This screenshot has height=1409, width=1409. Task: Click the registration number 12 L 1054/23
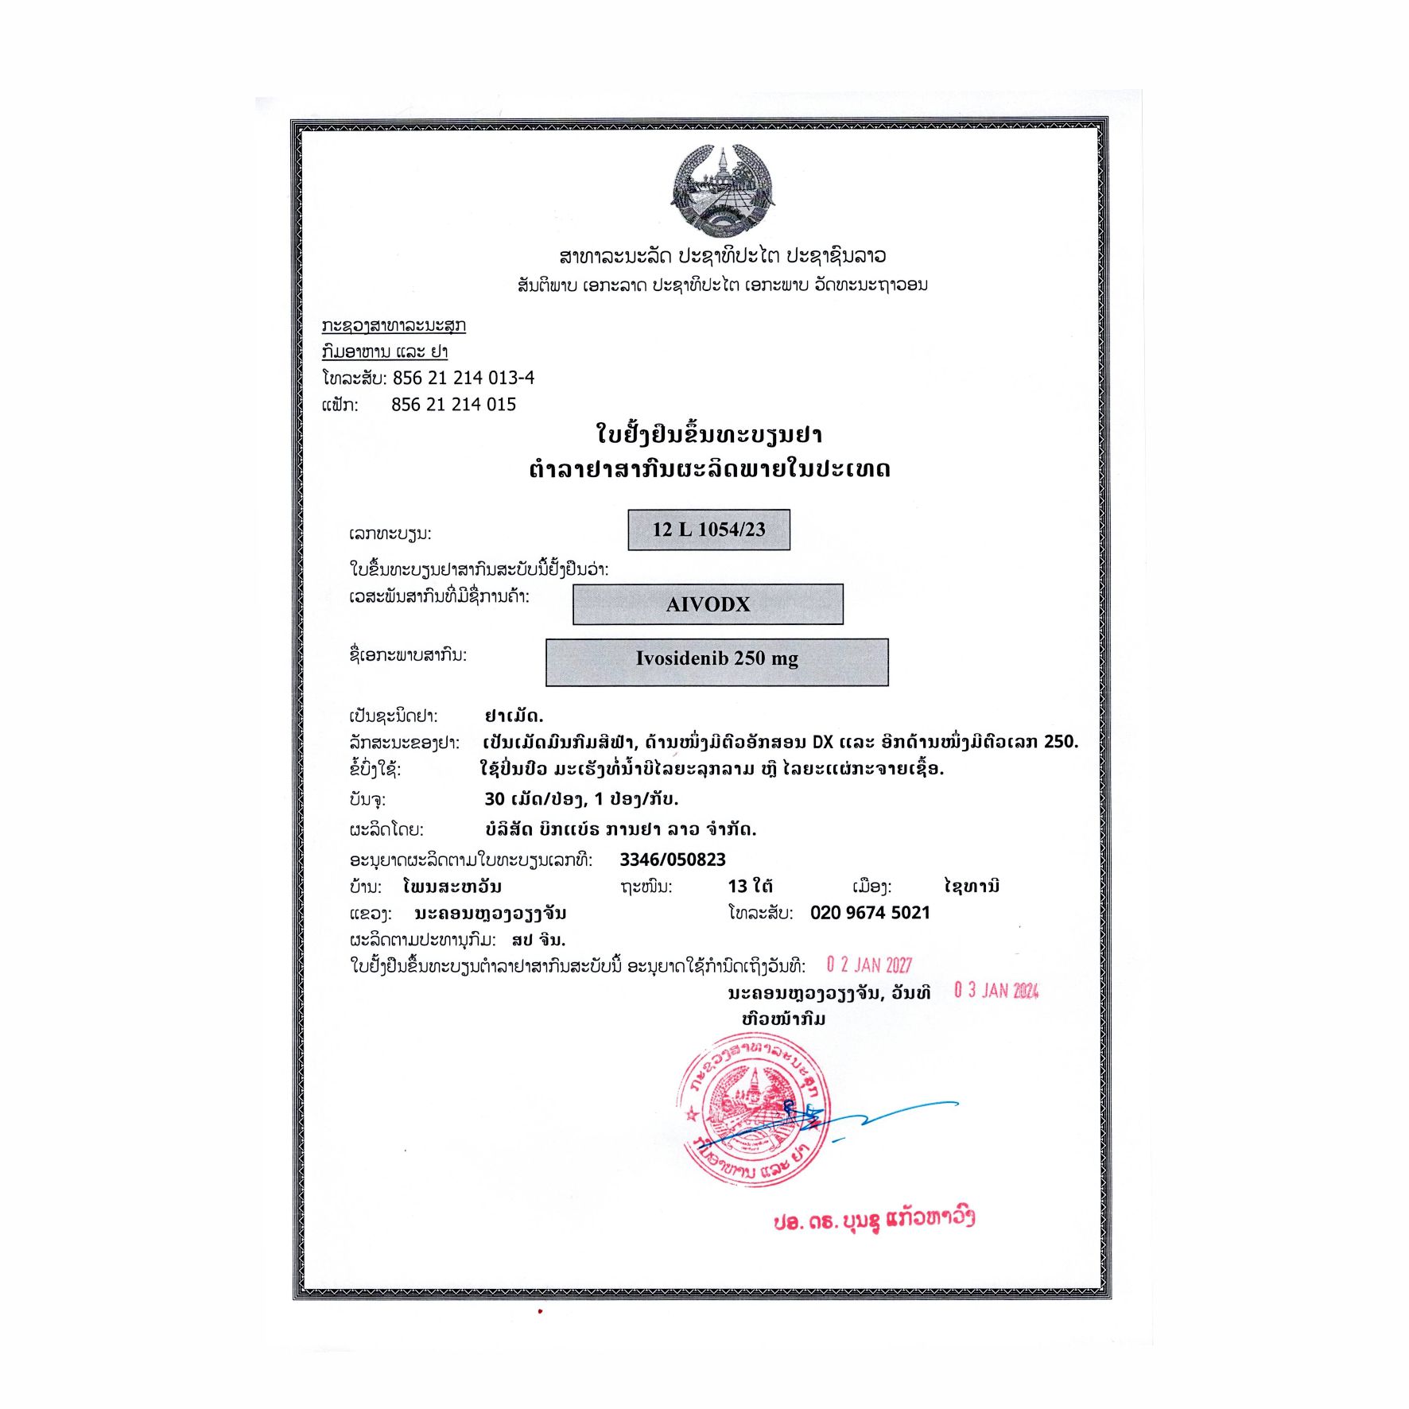pos(708,530)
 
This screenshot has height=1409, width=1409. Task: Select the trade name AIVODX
pos(708,604)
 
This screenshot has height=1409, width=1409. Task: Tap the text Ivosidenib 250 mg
pos(716,658)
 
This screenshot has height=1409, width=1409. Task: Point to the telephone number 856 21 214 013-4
pos(464,378)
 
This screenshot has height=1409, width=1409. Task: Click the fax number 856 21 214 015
pos(453,405)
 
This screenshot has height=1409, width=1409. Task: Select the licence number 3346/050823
pos(673,860)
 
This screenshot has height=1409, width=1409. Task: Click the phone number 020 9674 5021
pos(870,913)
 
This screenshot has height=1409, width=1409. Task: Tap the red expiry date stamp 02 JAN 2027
pos(869,965)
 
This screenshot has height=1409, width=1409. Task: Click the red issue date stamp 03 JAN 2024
pos(996,991)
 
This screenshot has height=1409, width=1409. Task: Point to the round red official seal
pos(753,1110)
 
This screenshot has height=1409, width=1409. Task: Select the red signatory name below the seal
pos(874,1220)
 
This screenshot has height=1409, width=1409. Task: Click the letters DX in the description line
pos(822,742)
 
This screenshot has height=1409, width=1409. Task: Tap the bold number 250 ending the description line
pos(1061,742)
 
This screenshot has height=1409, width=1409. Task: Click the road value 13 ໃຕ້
pos(750,887)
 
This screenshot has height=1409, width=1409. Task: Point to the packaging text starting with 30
pos(581,799)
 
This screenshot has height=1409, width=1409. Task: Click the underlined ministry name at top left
pos(394,326)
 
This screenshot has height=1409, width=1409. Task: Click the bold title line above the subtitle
pos(708,435)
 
